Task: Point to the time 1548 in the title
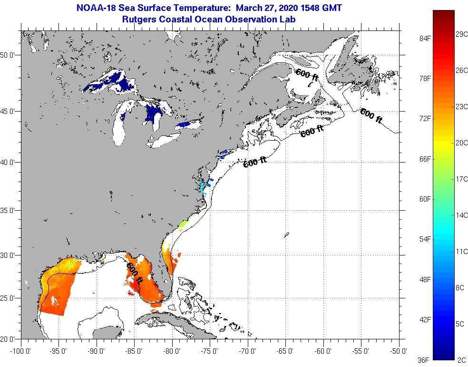click(x=300, y=8)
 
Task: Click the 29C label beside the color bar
click(x=461, y=34)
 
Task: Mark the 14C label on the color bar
click(x=461, y=215)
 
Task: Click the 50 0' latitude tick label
click(x=9, y=55)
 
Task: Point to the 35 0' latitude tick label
click(x=9, y=210)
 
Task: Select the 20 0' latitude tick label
click(x=9, y=339)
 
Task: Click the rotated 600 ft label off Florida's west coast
click(x=135, y=274)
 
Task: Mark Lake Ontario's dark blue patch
click(x=183, y=125)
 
